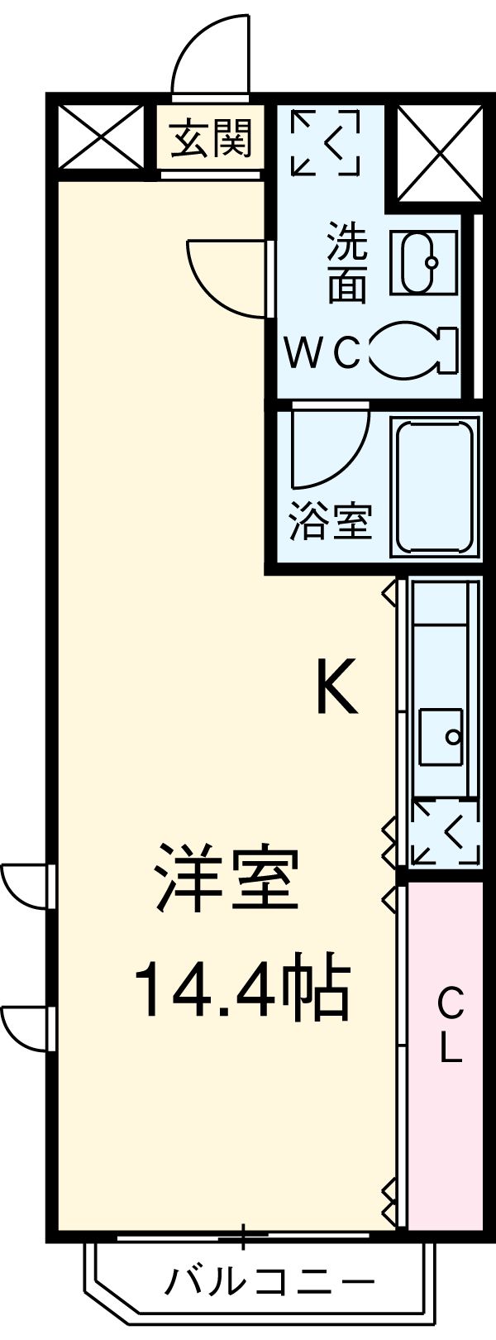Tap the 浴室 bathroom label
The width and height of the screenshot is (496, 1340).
point(330,521)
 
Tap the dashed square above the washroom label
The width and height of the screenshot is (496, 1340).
point(326,142)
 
